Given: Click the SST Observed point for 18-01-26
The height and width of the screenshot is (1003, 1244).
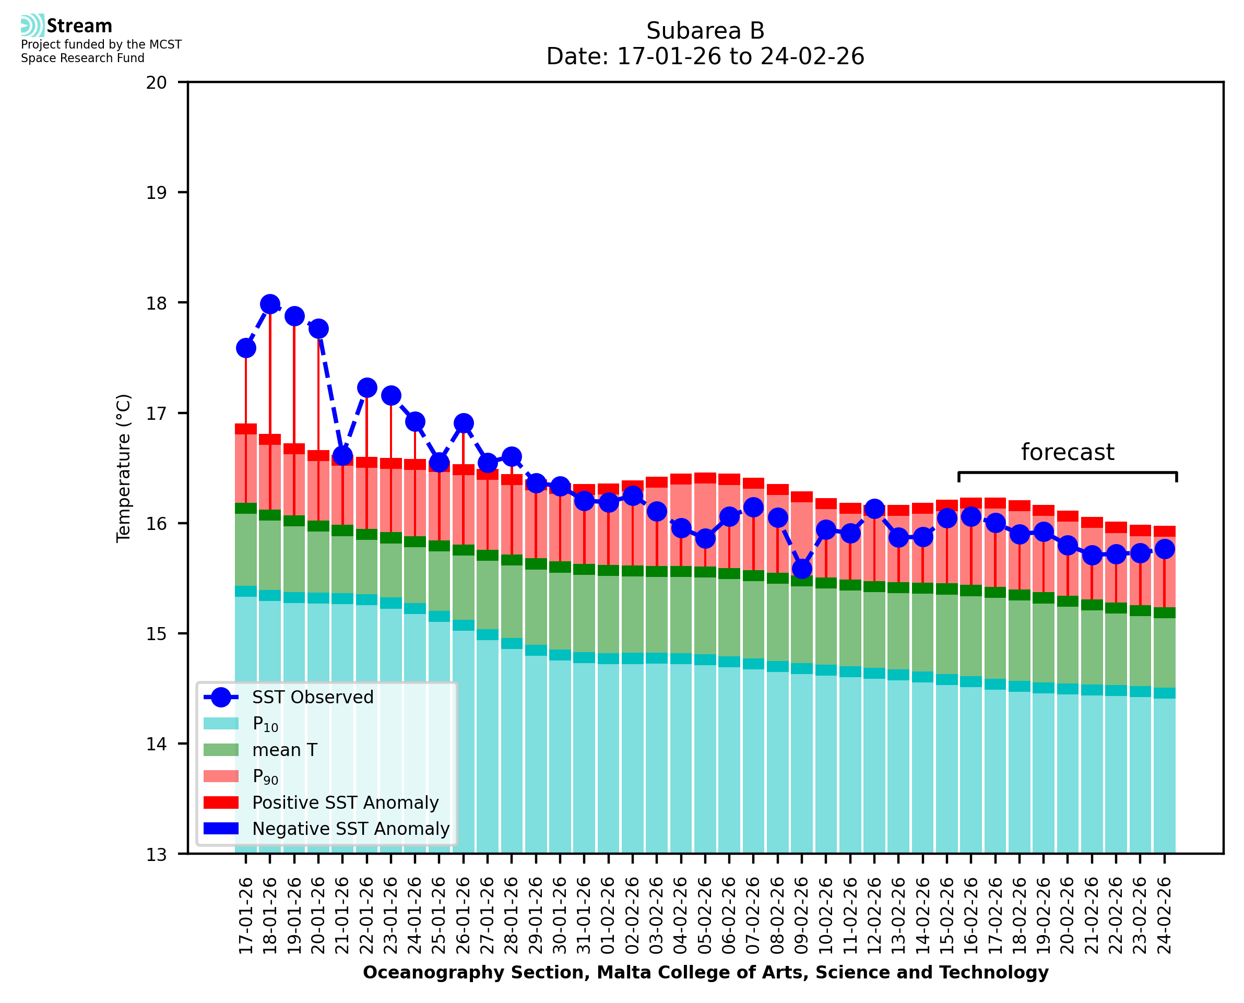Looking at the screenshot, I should coord(270,304).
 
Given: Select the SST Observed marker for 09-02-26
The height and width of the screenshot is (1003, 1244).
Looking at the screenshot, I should coord(802,569).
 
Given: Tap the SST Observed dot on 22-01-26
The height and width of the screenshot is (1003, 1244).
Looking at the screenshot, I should coord(367,388).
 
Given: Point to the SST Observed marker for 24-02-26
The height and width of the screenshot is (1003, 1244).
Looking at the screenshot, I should coord(1164,549).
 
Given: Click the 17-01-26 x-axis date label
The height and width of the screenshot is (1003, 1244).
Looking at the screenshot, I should coord(246,916).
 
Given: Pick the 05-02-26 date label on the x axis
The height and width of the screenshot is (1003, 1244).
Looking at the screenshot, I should coord(705,916).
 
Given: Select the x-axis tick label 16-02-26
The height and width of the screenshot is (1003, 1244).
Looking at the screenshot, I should coord(971,916).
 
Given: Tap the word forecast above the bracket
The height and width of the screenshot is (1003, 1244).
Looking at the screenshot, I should coord(1067,452).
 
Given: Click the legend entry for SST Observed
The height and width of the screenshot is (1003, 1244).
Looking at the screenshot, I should coord(313,698).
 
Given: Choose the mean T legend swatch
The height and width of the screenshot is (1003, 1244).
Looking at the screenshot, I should coord(221,750).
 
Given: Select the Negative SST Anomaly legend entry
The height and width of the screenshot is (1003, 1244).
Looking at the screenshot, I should coord(351,829).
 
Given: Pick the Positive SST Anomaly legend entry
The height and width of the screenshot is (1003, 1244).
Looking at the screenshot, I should coord(346,803).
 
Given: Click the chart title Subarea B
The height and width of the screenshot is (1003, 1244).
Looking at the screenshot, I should coord(705,31).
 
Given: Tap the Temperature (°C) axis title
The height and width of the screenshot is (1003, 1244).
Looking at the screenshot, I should coord(124,468).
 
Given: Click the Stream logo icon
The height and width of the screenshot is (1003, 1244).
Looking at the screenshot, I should coord(32,26).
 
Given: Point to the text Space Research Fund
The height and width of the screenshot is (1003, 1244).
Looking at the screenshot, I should coord(82,58).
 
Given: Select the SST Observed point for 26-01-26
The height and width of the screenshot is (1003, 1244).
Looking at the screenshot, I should coord(463,423).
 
